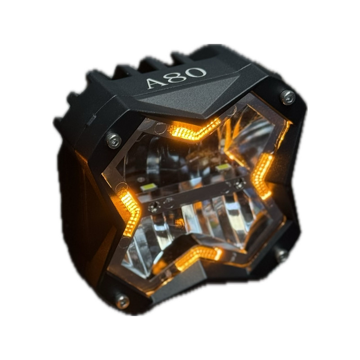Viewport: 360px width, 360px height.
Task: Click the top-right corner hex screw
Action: click(x=288, y=97)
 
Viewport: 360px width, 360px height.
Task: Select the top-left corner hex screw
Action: click(x=114, y=140)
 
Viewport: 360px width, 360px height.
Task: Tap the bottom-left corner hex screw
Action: click(x=122, y=301)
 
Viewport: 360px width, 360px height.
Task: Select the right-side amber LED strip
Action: click(x=262, y=175)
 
